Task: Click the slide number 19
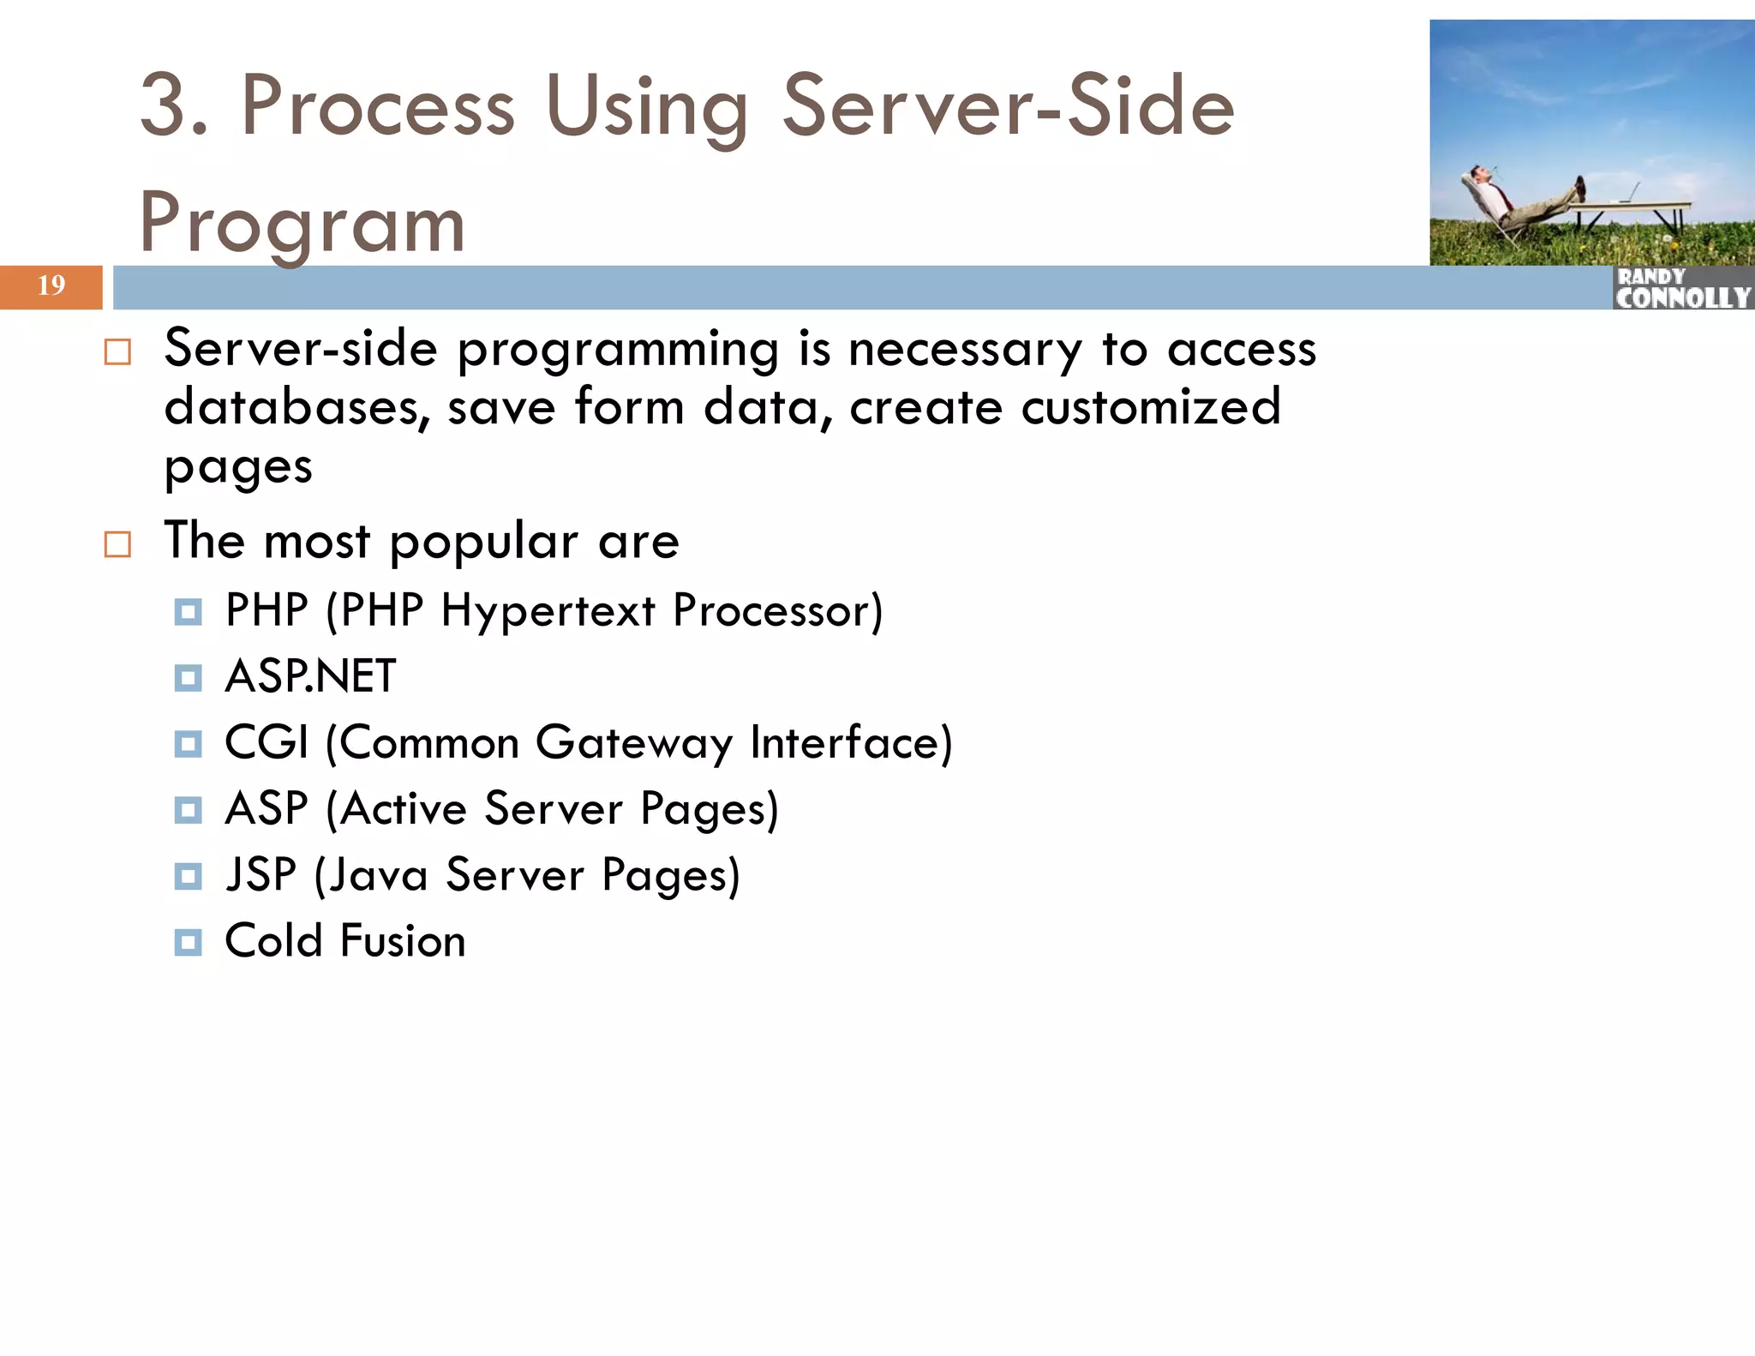tap(51, 285)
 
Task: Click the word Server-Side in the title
tap(1008, 106)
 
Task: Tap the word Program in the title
tap(302, 224)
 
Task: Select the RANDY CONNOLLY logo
tap(1682, 289)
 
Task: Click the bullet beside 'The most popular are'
tap(117, 544)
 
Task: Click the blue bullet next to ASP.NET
tap(188, 678)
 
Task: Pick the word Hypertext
tap(548, 611)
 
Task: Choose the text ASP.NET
tap(310, 676)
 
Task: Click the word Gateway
tap(633, 742)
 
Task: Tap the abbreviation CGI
tap(266, 742)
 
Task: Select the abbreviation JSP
tap(261, 875)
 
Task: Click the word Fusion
tap(403, 941)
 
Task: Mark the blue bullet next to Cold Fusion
tap(188, 943)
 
